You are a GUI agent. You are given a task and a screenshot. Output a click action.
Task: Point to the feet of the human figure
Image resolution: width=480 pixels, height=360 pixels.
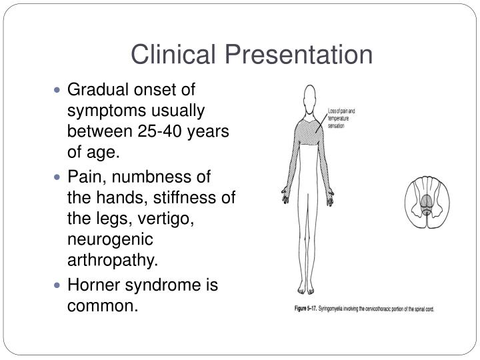point(307,289)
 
